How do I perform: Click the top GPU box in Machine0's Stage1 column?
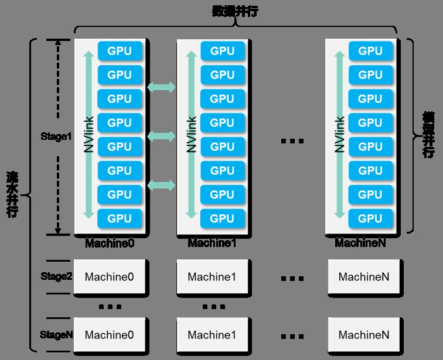120,51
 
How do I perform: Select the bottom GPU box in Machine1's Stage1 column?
222,218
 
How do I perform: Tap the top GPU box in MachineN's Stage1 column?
370,51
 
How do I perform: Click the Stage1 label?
56,136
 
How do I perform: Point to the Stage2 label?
56,276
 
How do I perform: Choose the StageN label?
56,335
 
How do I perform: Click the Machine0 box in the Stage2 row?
110,277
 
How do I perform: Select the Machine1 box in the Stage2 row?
212,277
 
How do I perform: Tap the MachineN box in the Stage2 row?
363,277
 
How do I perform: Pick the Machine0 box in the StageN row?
110,335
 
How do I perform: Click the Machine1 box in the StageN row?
212,335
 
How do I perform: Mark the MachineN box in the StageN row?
363,335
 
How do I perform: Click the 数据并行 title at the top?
234,11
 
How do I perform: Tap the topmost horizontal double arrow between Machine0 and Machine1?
161,88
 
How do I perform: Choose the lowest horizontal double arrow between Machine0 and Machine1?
161,186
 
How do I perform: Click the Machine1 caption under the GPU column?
212,242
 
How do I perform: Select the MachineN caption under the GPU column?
360,242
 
